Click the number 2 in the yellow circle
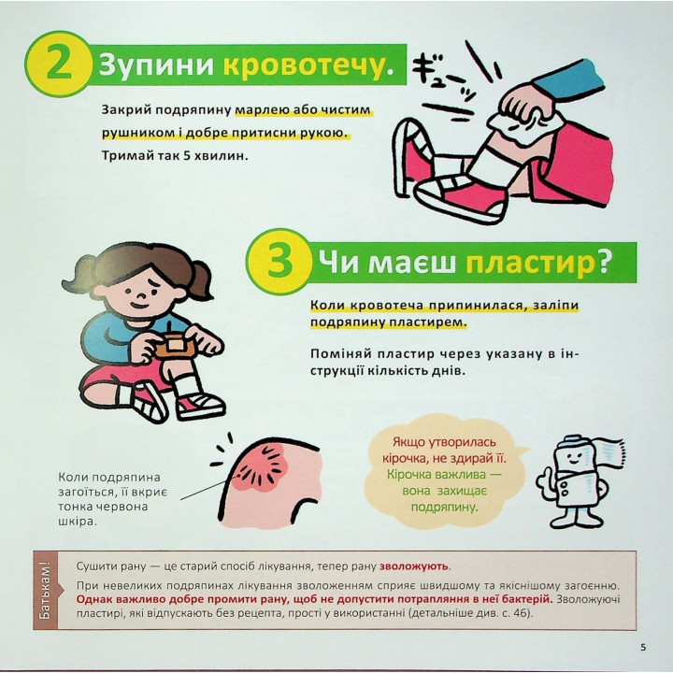coord(57,64)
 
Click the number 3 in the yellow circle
coord(279,263)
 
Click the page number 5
coord(642,647)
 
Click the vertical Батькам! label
coord(46,590)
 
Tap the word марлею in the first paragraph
coord(262,110)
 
